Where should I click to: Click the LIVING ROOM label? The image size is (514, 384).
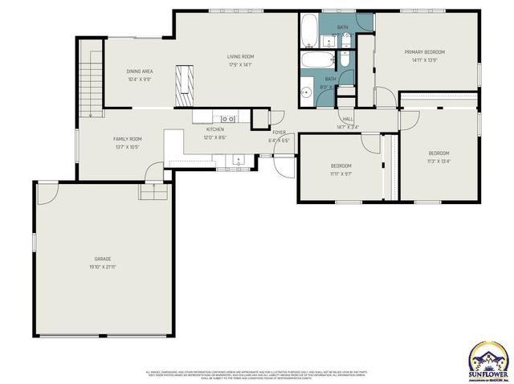(240, 56)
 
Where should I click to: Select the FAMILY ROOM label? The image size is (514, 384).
(127, 139)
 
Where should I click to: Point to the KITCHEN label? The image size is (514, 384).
(215, 129)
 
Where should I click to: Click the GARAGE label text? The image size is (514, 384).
(103, 259)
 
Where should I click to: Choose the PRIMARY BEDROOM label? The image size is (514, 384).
(424, 51)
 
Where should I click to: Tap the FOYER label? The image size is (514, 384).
(279, 132)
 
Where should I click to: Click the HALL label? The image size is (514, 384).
(348, 119)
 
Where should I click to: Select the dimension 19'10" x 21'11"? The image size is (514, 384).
(103, 267)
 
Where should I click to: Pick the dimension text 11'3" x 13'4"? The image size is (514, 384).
(439, 161)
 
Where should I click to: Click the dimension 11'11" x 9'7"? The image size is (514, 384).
(341, 174)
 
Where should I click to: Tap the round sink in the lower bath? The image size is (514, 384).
(306, 92)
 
